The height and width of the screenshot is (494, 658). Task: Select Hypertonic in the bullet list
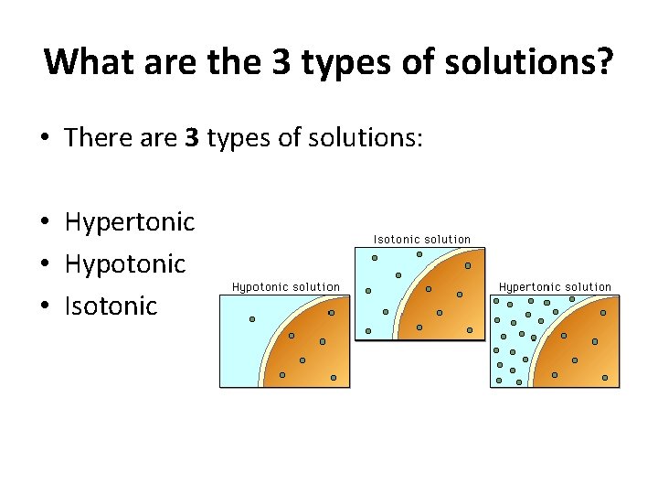click(x=130, y=222)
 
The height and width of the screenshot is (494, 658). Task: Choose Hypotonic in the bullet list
click(x=125, y=264)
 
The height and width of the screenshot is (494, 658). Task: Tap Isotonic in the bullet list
click(x=111, y=306)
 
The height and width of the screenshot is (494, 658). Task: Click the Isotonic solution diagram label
click(x=421, y=239)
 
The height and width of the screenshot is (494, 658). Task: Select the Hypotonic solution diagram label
click(x=285, y=287)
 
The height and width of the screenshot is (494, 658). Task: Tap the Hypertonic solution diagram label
click(x=555, y=287)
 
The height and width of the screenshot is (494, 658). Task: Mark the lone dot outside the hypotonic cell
click(x=252, y=319)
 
